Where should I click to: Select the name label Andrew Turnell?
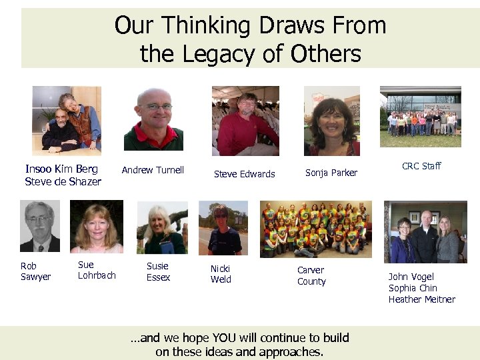click(153, 170)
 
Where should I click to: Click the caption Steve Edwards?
click(244, 174)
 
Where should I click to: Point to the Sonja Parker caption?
click(331, 173)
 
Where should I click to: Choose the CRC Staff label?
click(421, 166)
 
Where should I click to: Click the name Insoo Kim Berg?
click(61, 169)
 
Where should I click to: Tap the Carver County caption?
click(311, 275)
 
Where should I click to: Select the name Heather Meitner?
click(422, 299)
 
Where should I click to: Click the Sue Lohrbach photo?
click(97, 227)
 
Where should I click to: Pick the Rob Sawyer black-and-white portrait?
click(39, 227)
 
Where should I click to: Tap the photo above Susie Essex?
click(162, 227)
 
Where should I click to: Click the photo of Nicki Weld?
click(223, 228)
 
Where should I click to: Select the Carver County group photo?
click(316, 229)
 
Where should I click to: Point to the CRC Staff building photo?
click(420, 117)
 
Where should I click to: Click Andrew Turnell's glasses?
click(155, 107)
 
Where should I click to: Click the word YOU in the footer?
click(225, 337)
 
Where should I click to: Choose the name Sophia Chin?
click(413, 288)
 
